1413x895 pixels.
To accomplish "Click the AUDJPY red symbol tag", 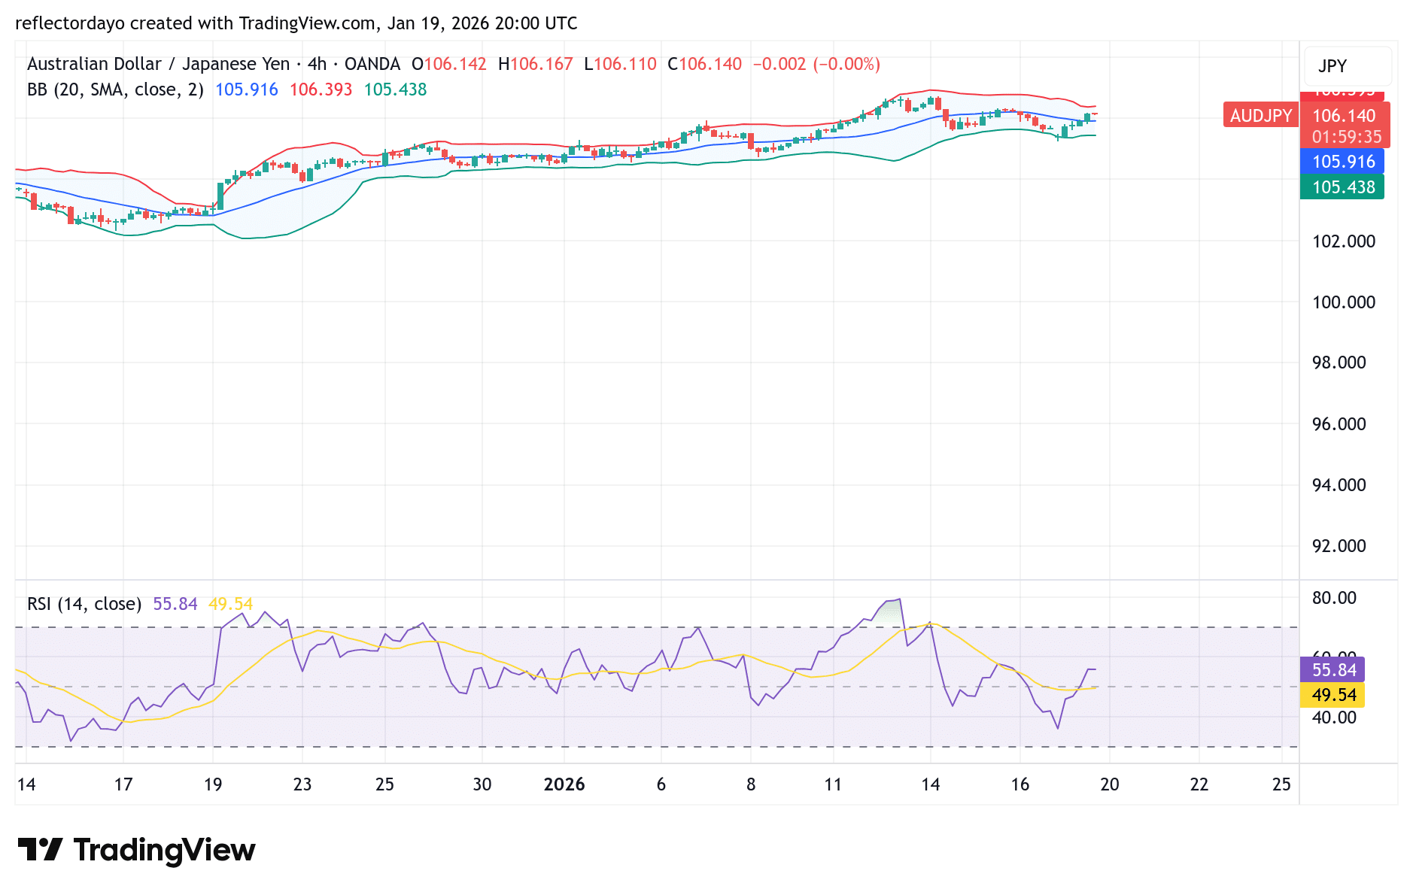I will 1260,115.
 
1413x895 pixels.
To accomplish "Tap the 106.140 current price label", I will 1344,116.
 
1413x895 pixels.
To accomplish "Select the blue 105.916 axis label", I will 1342,162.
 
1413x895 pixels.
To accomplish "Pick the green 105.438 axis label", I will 1342,187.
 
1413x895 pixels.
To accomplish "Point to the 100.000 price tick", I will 1343,302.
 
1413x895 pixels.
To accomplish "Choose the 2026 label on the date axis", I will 564,784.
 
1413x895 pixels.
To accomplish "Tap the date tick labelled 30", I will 482,784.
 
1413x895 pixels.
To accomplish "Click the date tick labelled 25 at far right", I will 1281,784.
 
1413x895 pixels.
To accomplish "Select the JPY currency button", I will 1332,66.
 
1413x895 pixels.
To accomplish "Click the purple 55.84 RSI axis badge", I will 1333,670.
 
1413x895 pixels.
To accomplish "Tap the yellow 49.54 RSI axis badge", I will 1333,695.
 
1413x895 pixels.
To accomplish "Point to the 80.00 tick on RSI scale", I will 1334,598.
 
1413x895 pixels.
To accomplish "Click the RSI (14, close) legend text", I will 84,604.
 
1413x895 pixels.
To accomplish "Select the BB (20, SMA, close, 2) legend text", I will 115,89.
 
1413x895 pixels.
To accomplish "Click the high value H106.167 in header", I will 535,64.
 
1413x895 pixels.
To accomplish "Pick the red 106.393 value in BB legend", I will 321,89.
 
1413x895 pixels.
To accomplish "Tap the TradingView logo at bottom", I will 136,850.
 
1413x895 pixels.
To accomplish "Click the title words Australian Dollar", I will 94,64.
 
